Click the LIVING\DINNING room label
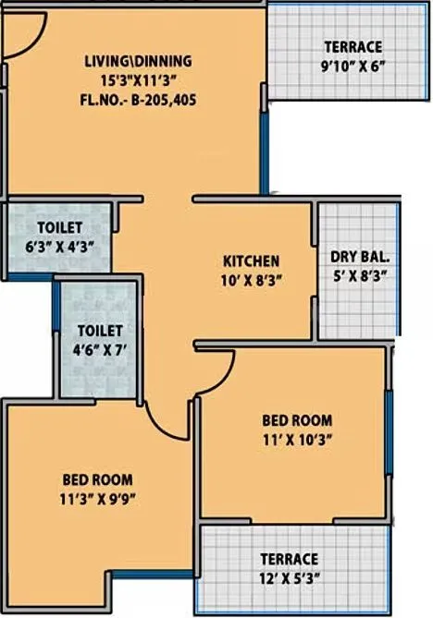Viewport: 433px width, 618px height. (138, 61)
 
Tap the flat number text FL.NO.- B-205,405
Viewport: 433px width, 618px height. (138, 96)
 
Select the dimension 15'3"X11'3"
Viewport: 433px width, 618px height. (138, 79)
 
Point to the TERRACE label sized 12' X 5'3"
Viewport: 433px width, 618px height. (289, 559)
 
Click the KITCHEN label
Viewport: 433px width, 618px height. (251, 261)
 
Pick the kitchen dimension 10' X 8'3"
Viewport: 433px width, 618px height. (251, 280)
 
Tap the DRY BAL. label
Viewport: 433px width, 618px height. (359, 257)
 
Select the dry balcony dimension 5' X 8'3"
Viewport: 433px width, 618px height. (359, 274)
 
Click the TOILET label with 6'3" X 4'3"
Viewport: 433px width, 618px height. (60, 227)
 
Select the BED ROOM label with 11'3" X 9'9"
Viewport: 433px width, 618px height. (97, 480)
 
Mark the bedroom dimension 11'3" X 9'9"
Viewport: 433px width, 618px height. (97, 499)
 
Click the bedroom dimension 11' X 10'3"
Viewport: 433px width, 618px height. (297, 439)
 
